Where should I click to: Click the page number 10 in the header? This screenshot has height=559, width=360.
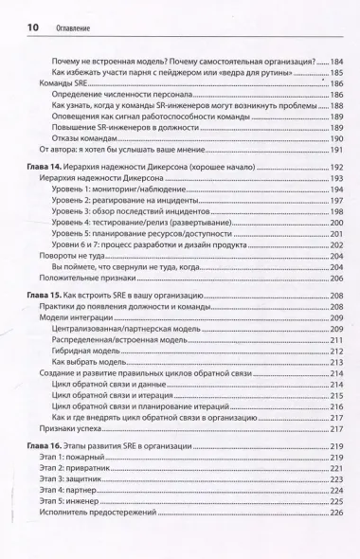click(20, 28)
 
